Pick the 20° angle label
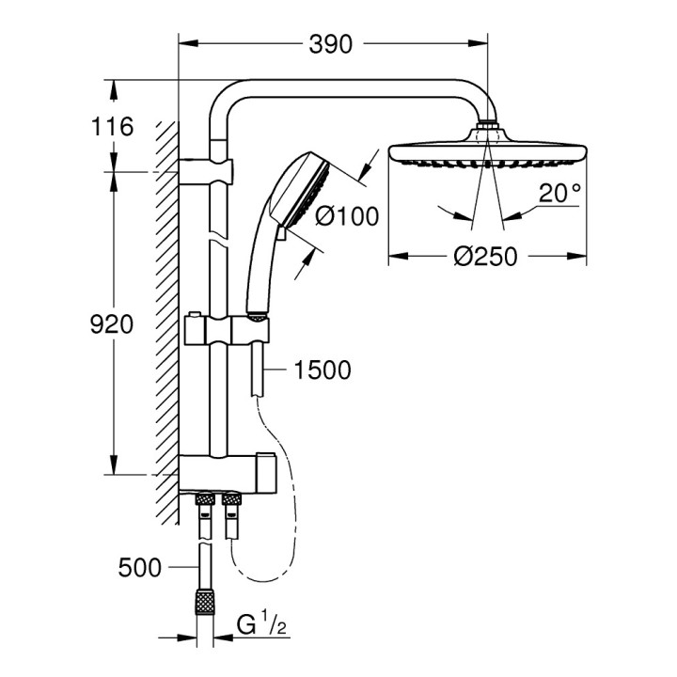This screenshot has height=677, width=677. click(560, 195)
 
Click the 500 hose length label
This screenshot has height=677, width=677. click(142, 567)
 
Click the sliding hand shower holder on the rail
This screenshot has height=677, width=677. click(229, 329)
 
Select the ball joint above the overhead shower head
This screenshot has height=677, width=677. click(487, 126)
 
